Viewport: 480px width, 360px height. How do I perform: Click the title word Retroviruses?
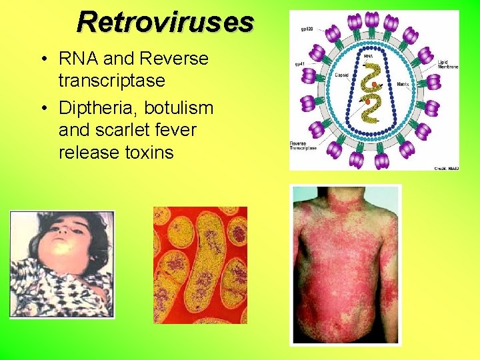[165, 22]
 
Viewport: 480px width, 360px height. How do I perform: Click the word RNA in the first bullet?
[78, 59]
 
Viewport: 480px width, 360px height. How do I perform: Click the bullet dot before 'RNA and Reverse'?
[43, 59]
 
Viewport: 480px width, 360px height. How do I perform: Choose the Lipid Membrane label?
[446, 66]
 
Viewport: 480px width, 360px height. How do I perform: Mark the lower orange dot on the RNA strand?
[367, 101]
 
